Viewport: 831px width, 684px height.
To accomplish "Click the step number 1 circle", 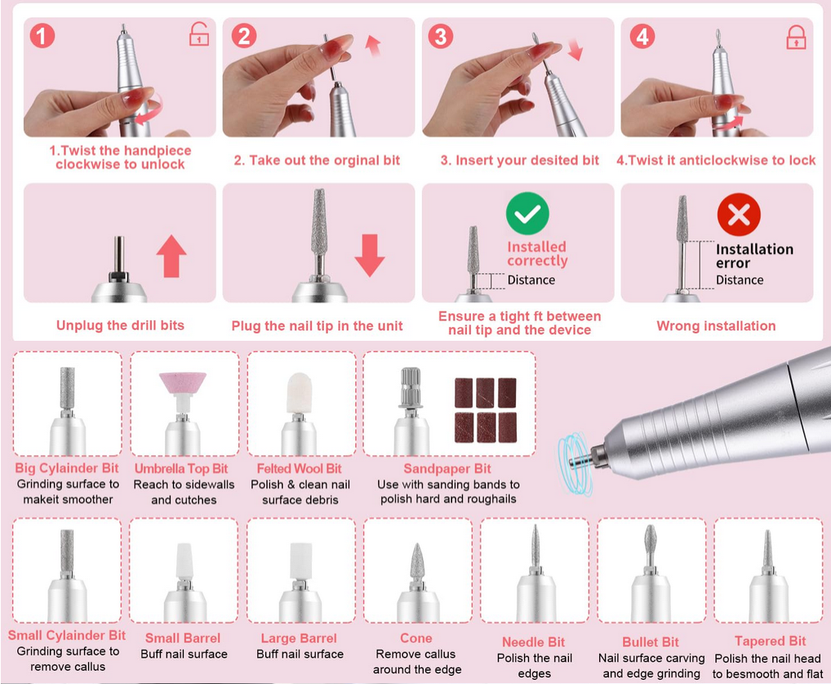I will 42,36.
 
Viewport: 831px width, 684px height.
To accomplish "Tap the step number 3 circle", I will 441,36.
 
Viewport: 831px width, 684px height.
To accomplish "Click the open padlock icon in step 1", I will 198,34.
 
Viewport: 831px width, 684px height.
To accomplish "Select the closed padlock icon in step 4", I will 795,36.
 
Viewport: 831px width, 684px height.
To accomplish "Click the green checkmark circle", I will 527,214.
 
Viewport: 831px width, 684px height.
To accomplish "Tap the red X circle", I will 739,215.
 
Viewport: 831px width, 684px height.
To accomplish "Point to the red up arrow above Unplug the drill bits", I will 171,256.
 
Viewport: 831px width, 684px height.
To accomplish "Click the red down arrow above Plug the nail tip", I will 370,255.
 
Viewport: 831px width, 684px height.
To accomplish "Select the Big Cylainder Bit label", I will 67,468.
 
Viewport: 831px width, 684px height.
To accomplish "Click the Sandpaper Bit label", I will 447,469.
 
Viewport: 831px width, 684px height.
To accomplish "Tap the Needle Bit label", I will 534,642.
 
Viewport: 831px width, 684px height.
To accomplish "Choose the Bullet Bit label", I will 651,642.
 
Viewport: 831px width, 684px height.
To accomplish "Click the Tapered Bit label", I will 770,642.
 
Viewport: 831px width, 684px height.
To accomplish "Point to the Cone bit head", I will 417,561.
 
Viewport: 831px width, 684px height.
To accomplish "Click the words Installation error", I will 753,256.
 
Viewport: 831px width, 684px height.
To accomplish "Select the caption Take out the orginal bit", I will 317,160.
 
